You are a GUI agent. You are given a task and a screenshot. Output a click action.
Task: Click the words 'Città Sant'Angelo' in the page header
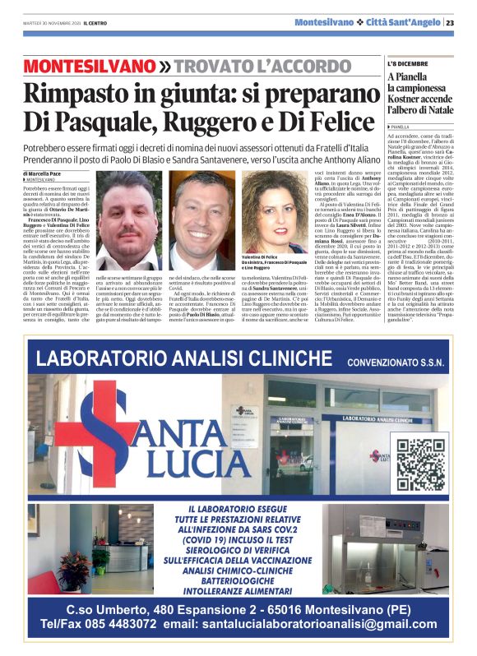pos(404,22)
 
